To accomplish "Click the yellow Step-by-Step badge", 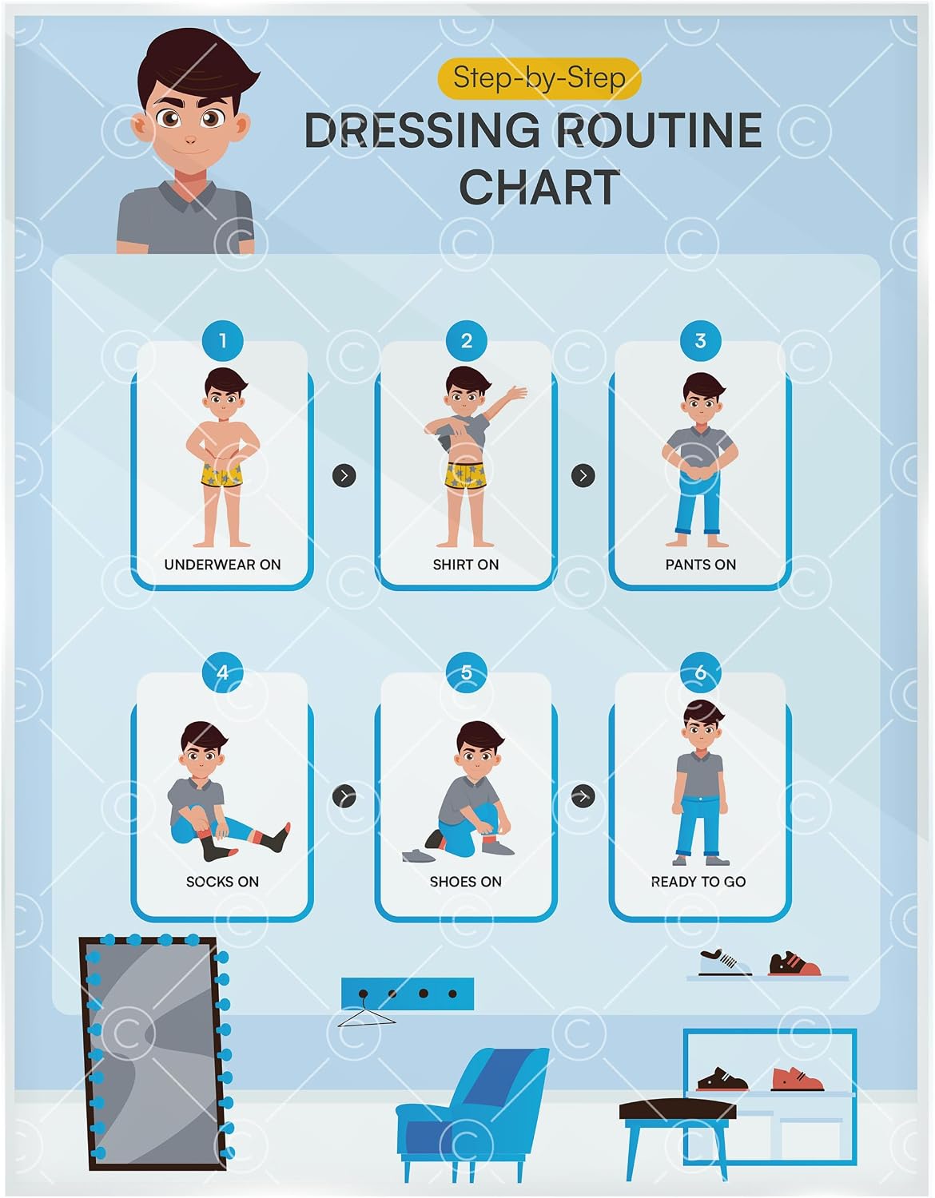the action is (539, 78).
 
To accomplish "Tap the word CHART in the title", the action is (539, 188).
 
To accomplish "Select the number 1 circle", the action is (223, 341).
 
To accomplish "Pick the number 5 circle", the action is (466, 672).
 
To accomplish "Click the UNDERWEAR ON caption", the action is (222, 565).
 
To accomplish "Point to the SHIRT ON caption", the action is (466, 565).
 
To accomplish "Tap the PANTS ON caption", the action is (701, 565).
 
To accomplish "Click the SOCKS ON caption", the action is (222, 882).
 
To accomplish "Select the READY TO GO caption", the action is (698, 882).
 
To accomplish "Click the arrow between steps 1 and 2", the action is (344, 475).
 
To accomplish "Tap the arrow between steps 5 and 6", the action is (583, 796).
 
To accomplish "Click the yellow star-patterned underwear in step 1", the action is (221, 474).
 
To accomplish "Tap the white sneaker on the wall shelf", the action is (725, 964).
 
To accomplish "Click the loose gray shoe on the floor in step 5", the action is (419, 855).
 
